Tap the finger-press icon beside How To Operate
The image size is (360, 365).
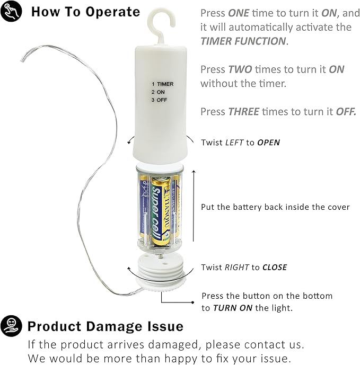[x=11, y=11]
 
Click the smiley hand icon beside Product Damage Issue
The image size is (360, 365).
[x=11, y=326]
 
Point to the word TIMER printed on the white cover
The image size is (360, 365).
[x=165, y=84]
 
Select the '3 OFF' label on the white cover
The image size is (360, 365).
[x=159, y=100]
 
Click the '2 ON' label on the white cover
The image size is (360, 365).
[x=158, y=92]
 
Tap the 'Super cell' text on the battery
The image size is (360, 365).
[x=156, y=214]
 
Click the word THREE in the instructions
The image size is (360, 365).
[x=243, y=112]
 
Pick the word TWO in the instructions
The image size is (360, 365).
[x=240, y=69]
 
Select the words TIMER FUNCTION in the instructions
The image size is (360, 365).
[x=243, y=41]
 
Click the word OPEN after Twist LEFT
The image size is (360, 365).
[x=268, y=143]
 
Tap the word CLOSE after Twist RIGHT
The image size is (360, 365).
[x=275, y=267]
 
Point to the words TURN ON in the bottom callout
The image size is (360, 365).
[x=233, y=308]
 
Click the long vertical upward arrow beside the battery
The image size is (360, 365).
[x=194, y=206]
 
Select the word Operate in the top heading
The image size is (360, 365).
[x=113, y=12]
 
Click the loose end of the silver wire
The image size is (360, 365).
[x=23, y=60]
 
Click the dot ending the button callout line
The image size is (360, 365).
[x=192, y=302]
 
